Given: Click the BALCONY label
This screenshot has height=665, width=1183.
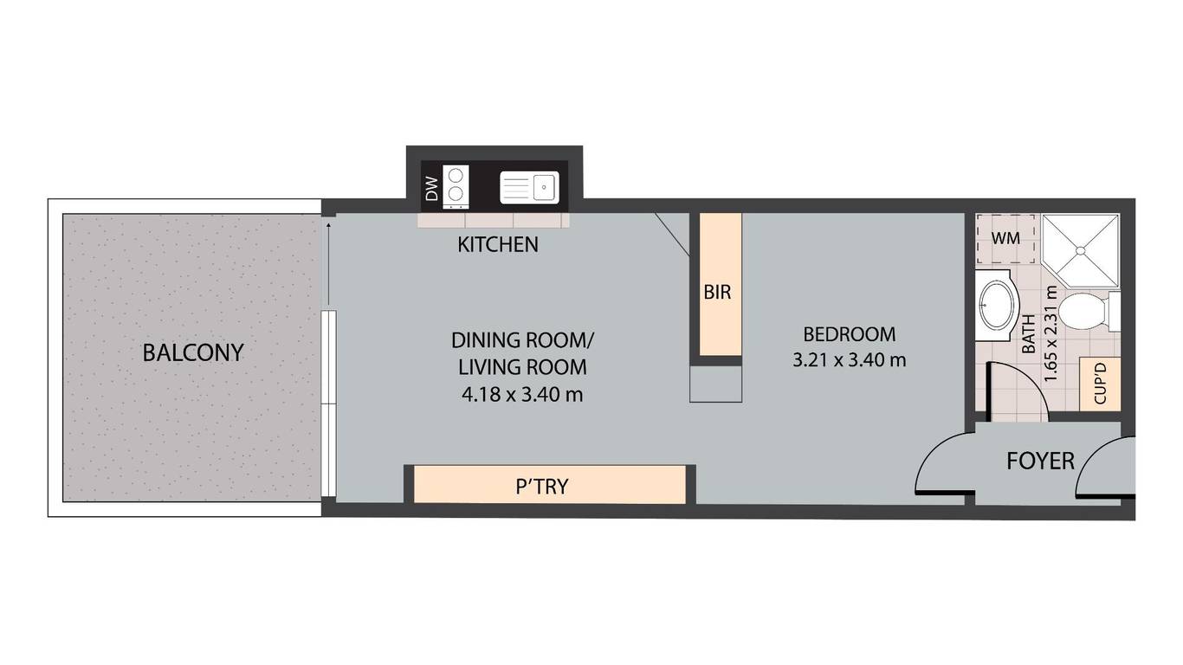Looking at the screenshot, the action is pyautogui.click(x=193, y=352).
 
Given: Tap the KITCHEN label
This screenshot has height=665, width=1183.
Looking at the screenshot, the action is pyautogui.click(x=497, y=244).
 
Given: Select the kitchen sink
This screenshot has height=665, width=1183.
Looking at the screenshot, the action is pyautogui.click(x=529, y=188).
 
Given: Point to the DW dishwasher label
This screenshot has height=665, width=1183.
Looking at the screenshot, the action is pyautogui.click(x=432, y=189).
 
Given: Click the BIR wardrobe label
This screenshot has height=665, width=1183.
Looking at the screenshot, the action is pyautogui.click(x=717, y=292).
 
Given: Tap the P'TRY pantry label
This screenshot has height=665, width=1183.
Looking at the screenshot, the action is pyautogui.click(x=542, y=486).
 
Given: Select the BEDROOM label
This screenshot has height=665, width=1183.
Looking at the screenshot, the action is pyautogui.click(x=850, y=334).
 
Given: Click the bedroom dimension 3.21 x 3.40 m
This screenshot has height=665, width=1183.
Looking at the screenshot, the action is pyautogui.click(x=850, y=360).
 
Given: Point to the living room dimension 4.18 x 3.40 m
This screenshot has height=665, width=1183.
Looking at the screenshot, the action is pyautogui.click(x=522, y=395).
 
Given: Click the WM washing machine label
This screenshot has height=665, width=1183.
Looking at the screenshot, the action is pyautogui.click(x=1005, y=238).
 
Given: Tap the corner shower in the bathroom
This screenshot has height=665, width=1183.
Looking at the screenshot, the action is pyautogui.click(x=1081, y=250).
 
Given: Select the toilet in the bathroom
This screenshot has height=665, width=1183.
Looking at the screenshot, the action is pyautogui.click(x=1089, y=311).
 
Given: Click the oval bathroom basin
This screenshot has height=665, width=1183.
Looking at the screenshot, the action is pyautogui.click(x=997, y=306).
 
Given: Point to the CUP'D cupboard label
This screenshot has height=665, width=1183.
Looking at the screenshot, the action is pyautogui.click(x=1100, y=384).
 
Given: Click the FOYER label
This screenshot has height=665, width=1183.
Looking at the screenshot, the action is pyautogui.click(x=1040, y=462).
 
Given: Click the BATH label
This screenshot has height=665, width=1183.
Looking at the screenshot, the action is pyautogui.click(x=1029, y=334).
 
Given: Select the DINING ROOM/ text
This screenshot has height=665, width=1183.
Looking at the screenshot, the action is pyautogui.click(x=522, y=340).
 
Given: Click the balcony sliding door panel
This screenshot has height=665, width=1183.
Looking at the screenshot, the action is pyautogui.click(x=329, y=404).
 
